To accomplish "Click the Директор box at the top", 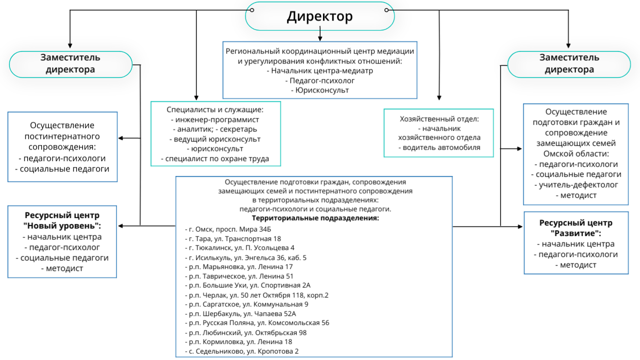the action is (319, 16).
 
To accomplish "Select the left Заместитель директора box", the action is (70, 64).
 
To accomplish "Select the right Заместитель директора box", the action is (569, 64).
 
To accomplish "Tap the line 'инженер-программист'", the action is (215, 119).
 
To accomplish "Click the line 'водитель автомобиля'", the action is (439, 147).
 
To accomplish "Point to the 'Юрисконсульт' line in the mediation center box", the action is (319, 90).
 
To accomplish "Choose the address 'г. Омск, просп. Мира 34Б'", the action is (228, 229).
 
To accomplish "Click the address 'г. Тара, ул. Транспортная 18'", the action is (233, 238).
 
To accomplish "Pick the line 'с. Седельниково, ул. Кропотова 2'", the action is (241, 351).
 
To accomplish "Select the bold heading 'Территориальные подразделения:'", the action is (315, 218).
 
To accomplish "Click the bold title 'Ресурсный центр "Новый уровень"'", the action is (62, 220).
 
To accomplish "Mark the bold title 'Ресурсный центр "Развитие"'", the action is (575, 228).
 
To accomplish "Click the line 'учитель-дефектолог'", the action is (576, 185).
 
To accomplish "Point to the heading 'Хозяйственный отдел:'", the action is (439, 119).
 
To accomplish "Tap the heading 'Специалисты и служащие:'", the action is (215, 109).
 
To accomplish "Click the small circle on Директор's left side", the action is (251, 10).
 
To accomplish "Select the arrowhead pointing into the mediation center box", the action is (320, 39).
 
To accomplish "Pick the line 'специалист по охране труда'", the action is (215, 158).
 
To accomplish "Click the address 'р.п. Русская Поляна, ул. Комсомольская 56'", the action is (257, 323).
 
